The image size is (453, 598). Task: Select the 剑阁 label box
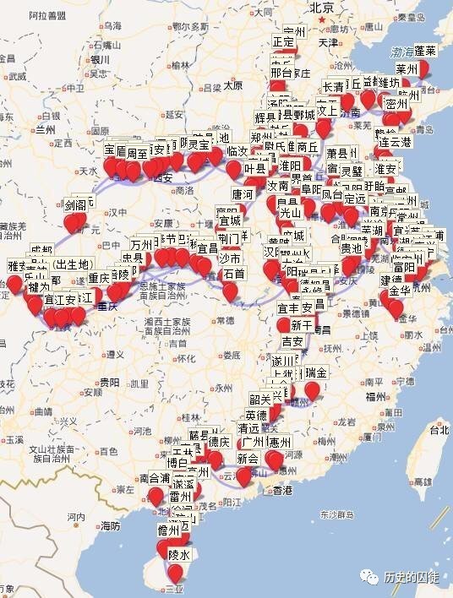(x=75, y=205)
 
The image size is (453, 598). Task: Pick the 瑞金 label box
(x=315, y=372)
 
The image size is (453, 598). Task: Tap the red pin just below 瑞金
(x=313, y=389)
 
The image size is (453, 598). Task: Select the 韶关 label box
(x=260, y=400)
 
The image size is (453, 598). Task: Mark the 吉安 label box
(x=292, y=341)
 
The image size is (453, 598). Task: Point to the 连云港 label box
(x=394, y=142)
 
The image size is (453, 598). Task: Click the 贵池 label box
(x=352, y=248)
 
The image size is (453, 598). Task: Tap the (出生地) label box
(x=68, y=264)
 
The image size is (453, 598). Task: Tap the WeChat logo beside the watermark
(x=370, y=577)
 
